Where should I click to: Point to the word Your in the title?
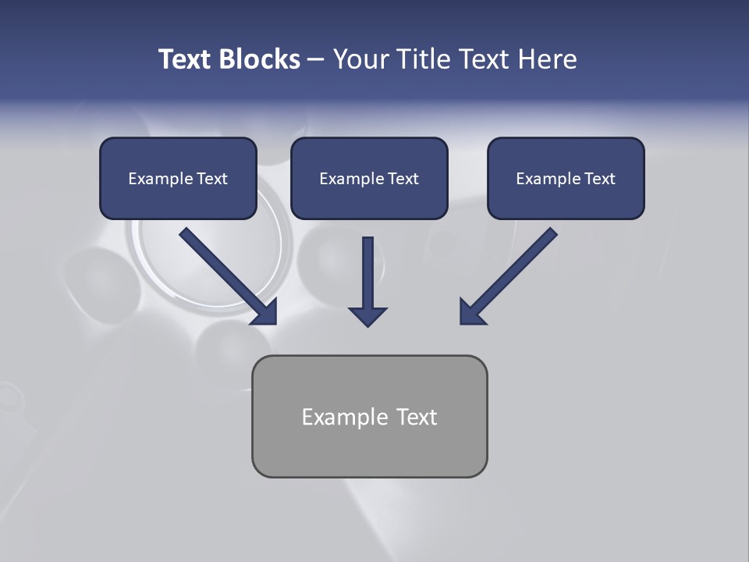pos(360,59)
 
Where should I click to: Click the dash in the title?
pos(316,59)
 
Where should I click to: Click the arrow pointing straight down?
pos(367,281)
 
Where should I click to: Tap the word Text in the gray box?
pos(417,417)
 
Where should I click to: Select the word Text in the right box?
pos(600,179)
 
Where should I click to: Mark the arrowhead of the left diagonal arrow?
pos(265,312)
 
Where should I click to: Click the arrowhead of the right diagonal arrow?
pos(470,312)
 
